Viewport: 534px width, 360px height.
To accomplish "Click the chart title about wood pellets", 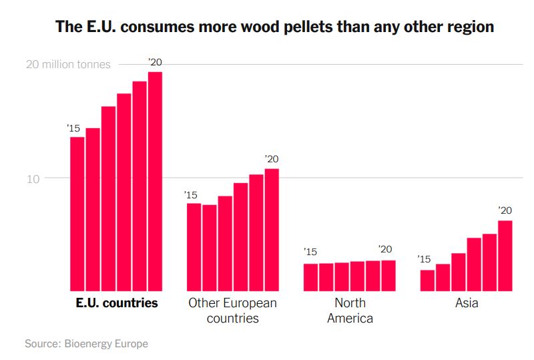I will tap(274, 27).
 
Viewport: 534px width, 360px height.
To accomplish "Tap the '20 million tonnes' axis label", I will tap(68, 65).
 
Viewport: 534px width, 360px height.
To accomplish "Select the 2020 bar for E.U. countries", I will tap(155, 180).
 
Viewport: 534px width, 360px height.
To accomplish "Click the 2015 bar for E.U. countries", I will tap(77, 214).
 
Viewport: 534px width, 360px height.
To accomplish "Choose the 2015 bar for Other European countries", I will tap(194, 246).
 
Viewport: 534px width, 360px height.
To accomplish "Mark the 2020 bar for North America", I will tap(388, 275).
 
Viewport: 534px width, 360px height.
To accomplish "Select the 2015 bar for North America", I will tap(310, 277).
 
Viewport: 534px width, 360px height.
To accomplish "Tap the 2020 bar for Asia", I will tap(505, 255).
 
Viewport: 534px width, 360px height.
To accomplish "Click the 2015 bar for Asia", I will tap(427, 281).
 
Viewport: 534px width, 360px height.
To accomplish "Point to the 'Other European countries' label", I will tap(232, 311).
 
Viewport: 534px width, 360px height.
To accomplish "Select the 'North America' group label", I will tap(350, 311).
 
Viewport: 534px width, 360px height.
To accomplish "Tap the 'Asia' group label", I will tap(467, 303).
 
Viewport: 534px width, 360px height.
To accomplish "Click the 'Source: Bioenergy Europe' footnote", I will tap(86, 343).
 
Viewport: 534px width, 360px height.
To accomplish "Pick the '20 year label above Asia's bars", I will tap(505, 210).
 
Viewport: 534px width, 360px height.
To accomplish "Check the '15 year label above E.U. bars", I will tap(73, 128).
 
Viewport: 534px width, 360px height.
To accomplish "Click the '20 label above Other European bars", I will tap(271, 159).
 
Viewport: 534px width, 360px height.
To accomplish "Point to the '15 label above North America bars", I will tap(310, 252).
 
